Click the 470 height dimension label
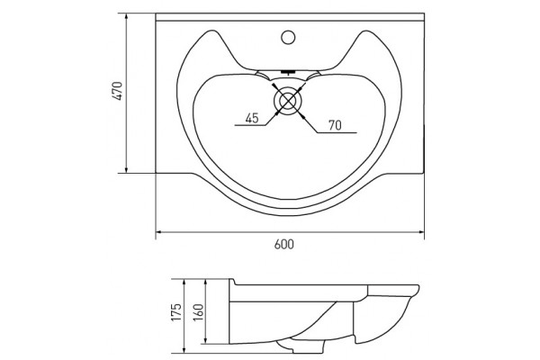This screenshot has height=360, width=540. click(118, 91)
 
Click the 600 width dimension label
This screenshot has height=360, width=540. click(284, 244)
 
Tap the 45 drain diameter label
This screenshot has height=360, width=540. click(252, 118)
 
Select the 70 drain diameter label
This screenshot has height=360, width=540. click(335, 125)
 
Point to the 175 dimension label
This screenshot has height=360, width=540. click(176, 312)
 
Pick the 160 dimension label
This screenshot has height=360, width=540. click(199, 312)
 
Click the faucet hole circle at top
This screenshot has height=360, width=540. click(288, 37)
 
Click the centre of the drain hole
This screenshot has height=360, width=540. click(288, 100)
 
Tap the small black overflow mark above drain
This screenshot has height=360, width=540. click(288, 72)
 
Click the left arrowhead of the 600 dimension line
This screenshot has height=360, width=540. click(159, 232)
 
